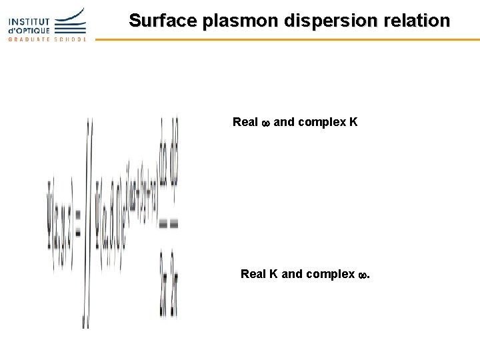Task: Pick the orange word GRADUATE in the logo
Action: (29, 39)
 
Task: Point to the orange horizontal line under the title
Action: (287, 39)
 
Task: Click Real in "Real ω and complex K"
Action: (245, 122)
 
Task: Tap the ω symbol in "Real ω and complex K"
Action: (265, 123)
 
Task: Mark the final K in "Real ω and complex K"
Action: (353, 122)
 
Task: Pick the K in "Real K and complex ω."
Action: (274, 274)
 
